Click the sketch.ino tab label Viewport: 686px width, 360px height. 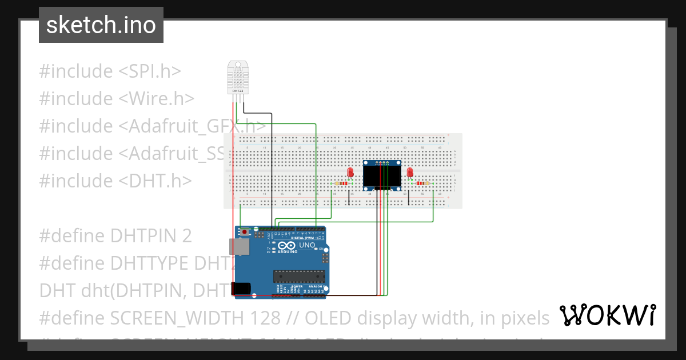pos(101,25)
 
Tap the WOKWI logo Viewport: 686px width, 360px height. pos(607,315)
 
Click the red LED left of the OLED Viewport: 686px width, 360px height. pos(350,173)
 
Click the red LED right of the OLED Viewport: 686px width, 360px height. pos(410,173)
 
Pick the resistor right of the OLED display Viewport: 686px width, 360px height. pos(423,183)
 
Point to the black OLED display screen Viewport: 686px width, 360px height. pos(382,177)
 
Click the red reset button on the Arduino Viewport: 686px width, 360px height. pos(245,232)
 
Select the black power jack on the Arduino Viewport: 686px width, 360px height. pos(240,289)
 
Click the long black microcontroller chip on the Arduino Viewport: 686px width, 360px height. pos(299,277)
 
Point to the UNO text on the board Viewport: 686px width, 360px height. pos(307,245)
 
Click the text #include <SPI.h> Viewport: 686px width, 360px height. pos(110,71)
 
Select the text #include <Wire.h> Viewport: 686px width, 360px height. pos(117,99)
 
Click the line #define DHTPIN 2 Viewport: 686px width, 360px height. pos(115,235)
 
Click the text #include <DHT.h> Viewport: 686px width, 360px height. pos(115,181)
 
